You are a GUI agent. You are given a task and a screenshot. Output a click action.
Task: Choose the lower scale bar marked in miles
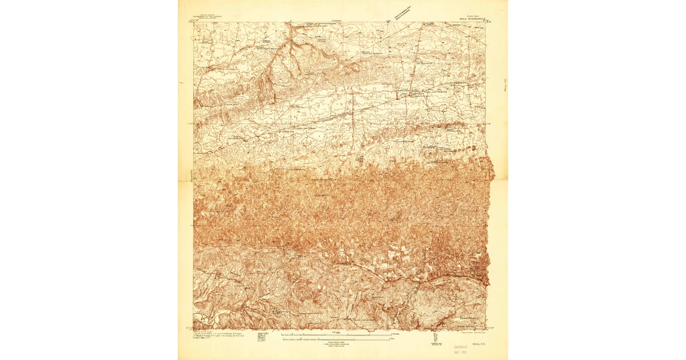337,339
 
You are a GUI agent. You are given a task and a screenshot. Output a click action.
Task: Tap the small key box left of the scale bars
264,337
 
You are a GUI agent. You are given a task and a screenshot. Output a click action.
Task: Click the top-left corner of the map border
193,23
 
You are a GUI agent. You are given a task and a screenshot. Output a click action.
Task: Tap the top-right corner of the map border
485,23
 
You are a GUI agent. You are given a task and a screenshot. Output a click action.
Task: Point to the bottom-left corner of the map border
193,330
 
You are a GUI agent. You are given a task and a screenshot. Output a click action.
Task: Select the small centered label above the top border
337,20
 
